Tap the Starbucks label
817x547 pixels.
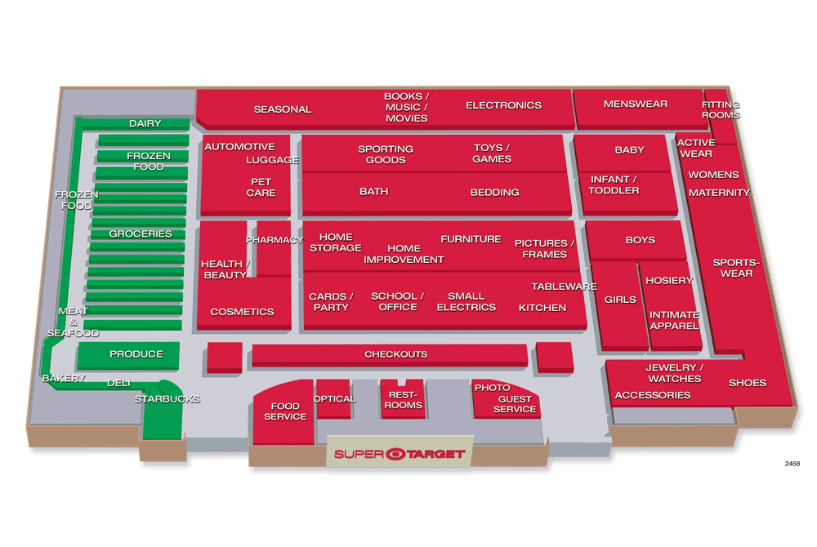[x=167, y=399]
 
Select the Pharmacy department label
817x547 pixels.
[x=275, y=240]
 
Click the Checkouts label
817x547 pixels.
[x=396, y=354]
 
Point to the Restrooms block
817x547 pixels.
[x=403, y=398]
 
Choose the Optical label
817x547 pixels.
[x=334, y=399]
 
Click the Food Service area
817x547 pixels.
[x=284, y=411]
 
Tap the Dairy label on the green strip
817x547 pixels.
[x=145, y=124]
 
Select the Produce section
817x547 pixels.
[x=128, y=355]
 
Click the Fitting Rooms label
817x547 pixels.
[x=721, y=110]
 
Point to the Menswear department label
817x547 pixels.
[x=636, y=104]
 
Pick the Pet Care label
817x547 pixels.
[x=261, y=187]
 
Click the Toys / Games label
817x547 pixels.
[x=492, y=153]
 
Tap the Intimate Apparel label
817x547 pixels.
[x=674, y=321]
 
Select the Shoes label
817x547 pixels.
[x=748, y=383]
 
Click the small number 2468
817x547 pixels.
[x=792, y=464]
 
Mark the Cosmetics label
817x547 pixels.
[x=243, y=312]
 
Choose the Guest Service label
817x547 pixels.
[x=515, y=404]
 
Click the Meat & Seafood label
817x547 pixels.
[x=73, y=322]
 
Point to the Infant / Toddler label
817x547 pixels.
[x=614, y=185]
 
